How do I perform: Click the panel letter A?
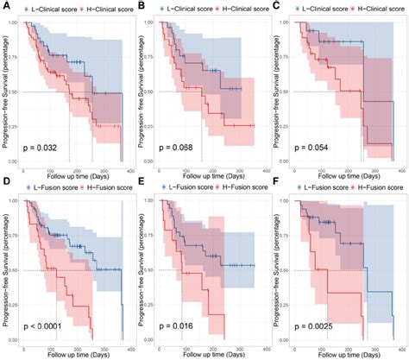pyautogui.click(x=6, y=7)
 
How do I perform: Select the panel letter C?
pyautogui.click(x=275, y=7)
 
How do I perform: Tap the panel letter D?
pyautogui.click(x=6, y=185)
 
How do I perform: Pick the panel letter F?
pyautogui.click(x=275, y=185)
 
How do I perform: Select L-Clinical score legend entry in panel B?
pyautogui.click(x=188, y=8)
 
